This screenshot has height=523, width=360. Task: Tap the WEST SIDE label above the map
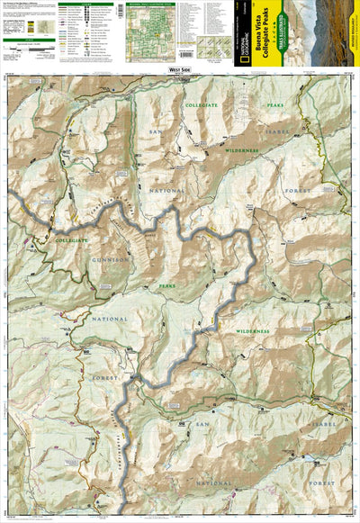point(180,69)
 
